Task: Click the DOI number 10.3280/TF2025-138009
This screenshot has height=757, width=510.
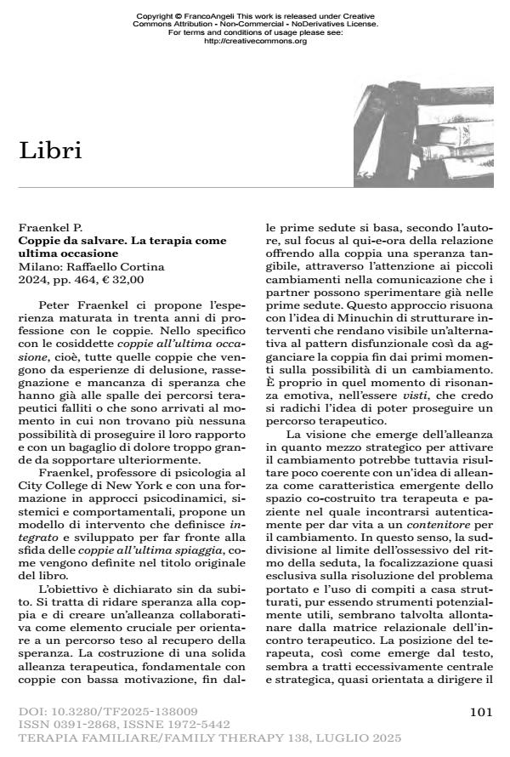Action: pyautogui.click(x=119, y=710)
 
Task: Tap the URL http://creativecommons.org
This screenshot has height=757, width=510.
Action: pyautogui.click(x=256, y=41)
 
